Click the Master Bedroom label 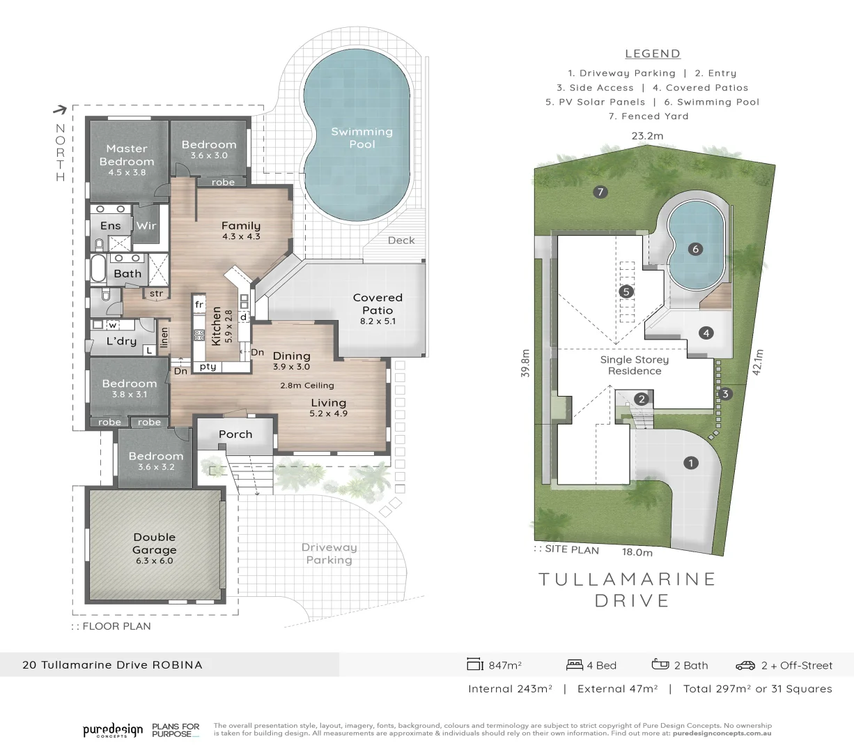pos(127,155)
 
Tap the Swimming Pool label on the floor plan pos(362,137)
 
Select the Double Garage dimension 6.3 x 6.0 pos(154,561)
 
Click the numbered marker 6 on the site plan pos(694,249)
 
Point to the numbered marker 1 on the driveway pos(690,463)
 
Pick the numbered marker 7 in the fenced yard pos(600,192)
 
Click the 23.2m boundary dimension pos(647,136)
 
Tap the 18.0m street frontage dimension pos(637,552)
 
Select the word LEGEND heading pos(653,54)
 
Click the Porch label pos(235,434)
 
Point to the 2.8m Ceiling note pos(306,386)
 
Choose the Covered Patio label pos(378,303)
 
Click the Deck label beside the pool pos(401,240)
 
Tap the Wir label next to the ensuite pos(146,225)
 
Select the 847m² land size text pos(505,665)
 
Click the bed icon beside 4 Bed pos(575,664)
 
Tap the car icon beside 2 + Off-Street pos(745,665)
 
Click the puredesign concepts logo pos(113,730)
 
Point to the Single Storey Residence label pos(634,365)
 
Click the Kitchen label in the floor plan pos(216,326)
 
